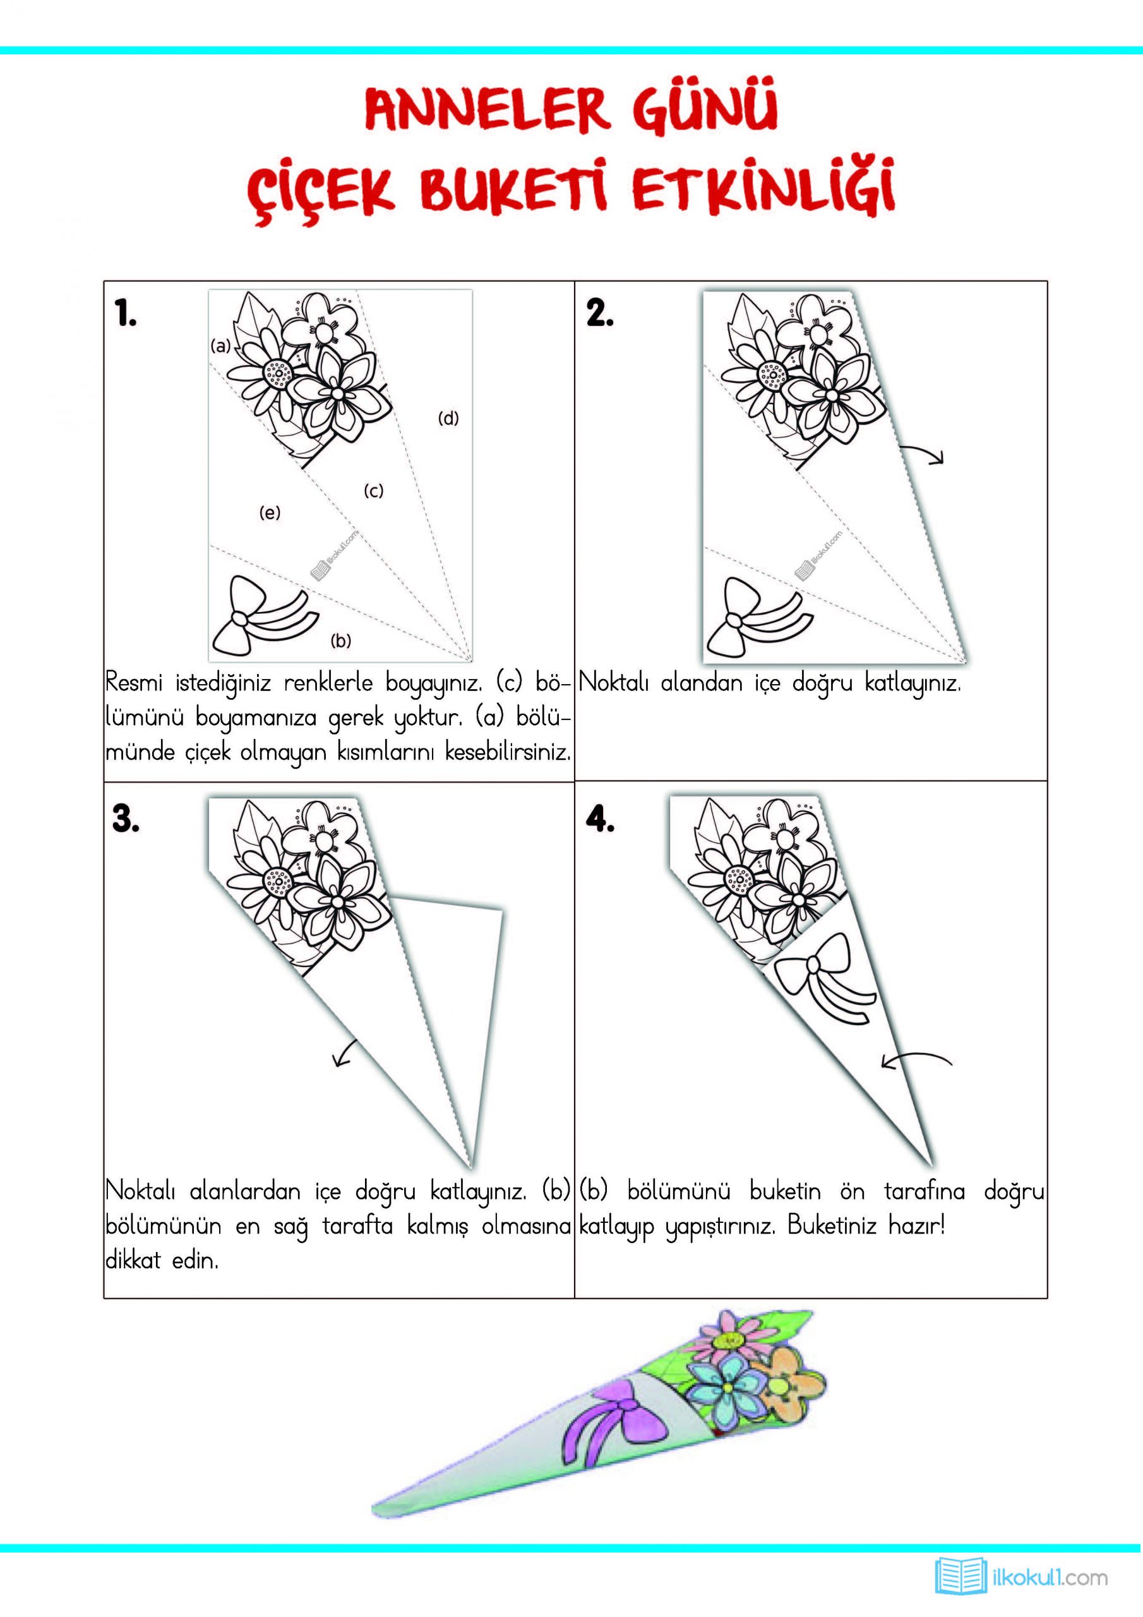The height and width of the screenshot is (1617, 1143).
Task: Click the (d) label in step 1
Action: tap(448, 418)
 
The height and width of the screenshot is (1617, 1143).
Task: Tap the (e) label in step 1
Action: tap(270, 513)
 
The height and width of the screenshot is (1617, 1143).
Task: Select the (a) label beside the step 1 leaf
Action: tap(221, 346)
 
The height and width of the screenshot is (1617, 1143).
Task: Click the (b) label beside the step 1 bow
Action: tap(341, 640)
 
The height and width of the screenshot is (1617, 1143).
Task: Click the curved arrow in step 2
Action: tap(924, 455)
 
